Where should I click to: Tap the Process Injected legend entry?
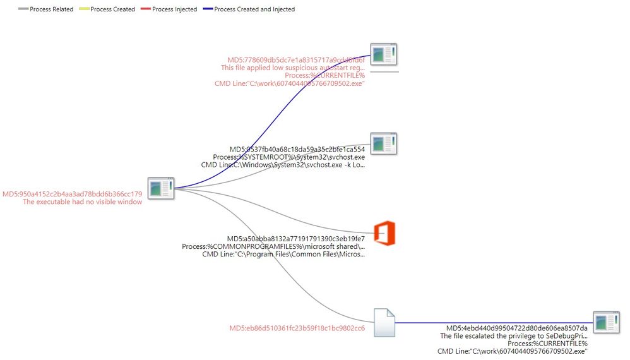tap(174, 9)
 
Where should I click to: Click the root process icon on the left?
tap(160, 188)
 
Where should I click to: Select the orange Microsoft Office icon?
tap(384, 233)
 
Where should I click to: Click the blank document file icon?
tap(384, 323)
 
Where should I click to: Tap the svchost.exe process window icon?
tap(383, 143)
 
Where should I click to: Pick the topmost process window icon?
tap(383, 54)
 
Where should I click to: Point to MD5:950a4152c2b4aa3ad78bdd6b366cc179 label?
tap(72, 194)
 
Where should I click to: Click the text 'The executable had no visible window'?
tap(82, 202)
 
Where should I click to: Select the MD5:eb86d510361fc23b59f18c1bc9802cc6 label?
tap(296, 328)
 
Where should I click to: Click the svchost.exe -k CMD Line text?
tap(283, 165)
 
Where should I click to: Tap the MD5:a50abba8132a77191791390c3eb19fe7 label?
tap(296, 239)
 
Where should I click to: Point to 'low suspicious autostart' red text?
tap(292, 68)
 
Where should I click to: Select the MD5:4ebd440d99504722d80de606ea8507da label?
tap(516, 328)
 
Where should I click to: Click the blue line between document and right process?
tap(492, 323)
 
